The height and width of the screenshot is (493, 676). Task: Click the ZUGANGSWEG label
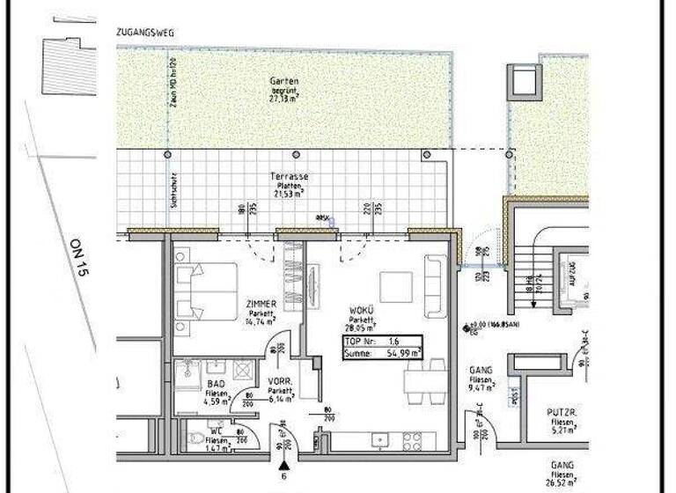pos(145,33)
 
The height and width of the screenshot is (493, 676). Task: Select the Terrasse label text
pos(289,176)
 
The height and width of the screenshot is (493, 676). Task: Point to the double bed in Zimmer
pos(208,291)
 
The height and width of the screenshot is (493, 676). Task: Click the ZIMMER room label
pos(262,305)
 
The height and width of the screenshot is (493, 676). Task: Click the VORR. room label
pos(280,382)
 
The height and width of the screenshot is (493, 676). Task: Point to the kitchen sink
pos(378,439)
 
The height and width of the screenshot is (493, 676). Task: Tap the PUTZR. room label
pos(562,413)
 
